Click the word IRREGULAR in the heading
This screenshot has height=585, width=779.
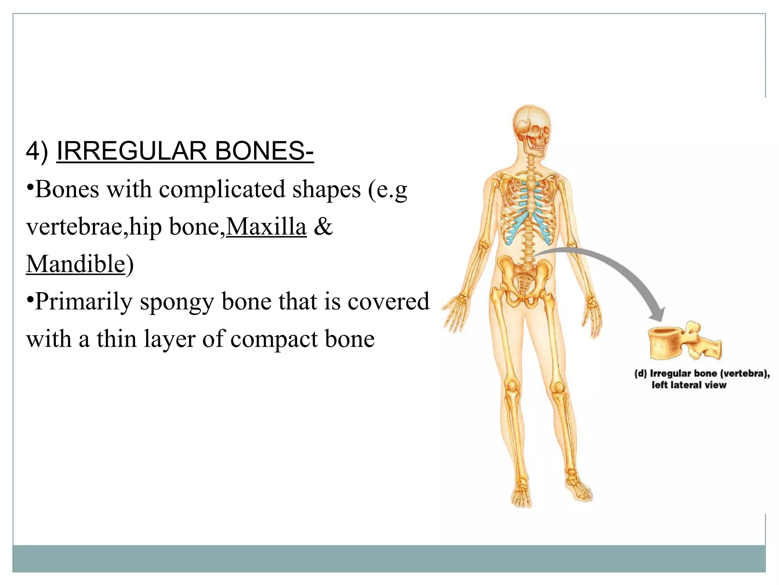131,151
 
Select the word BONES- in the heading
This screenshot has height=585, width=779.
264,151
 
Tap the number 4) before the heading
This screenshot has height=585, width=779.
37,151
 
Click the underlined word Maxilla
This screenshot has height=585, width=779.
266,227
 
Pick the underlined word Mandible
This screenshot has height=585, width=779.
76,264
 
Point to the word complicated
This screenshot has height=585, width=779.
222,189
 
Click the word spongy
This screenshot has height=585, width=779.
176,302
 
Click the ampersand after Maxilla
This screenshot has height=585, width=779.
323,227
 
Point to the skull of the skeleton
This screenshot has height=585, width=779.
531,129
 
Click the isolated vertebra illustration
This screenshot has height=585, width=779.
684,341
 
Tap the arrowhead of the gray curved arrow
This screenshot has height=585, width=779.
657,315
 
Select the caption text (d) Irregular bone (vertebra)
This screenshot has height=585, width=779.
702,374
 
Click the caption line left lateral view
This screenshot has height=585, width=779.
688,385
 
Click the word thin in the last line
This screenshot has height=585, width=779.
116,339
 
